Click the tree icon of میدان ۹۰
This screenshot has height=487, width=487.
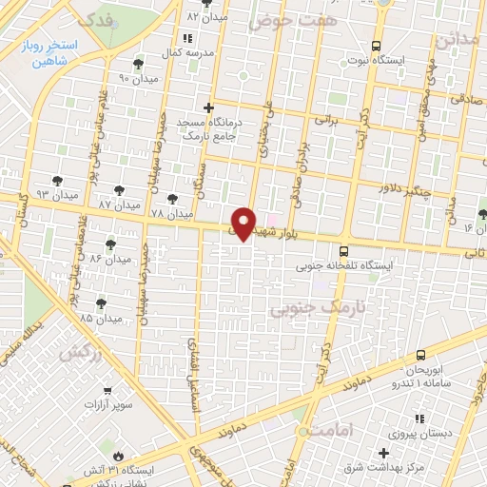click(140, 64)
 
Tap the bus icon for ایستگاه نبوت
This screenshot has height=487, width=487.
click(377, 46)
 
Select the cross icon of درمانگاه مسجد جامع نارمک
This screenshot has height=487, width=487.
click(208, 107)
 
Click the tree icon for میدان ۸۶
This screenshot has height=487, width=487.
click(112, 243)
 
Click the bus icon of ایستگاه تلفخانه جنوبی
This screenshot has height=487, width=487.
click(343, 251)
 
